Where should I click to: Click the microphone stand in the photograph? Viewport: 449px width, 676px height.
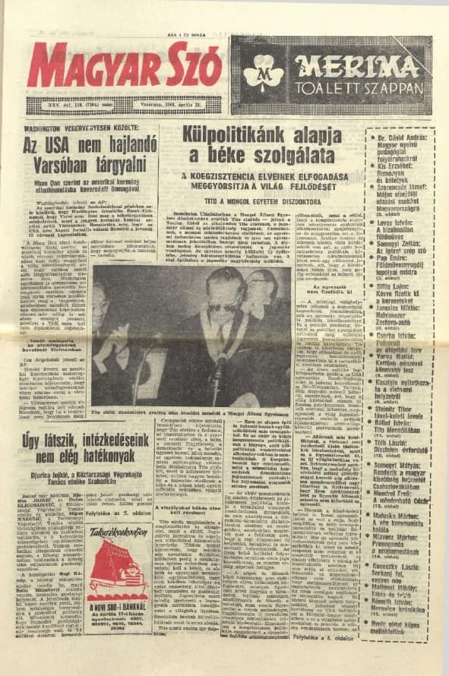[x=218, y=380]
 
